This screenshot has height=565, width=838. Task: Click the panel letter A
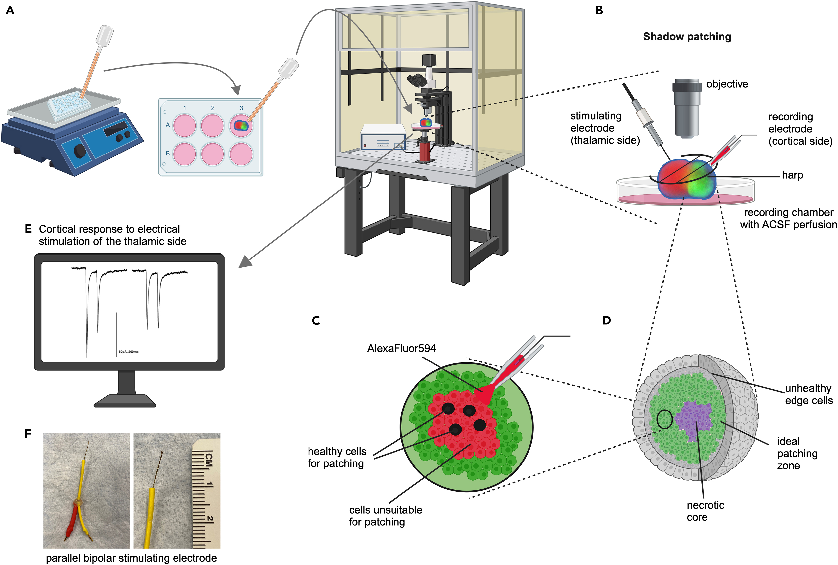pos(10,10)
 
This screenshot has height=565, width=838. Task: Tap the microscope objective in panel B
pos(686,108)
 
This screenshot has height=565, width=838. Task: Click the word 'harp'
pos(792,175)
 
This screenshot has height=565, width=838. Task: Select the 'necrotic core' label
pos(705,511)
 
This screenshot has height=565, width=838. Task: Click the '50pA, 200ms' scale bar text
pos(129,351)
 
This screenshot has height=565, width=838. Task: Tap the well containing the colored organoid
pos(241,126)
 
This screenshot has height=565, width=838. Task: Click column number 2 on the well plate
pos(212,108)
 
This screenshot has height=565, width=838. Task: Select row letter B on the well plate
pos(167,153)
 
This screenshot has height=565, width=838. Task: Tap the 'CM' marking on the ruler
pos(208,460)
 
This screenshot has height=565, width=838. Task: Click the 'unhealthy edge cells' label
pos(808,394)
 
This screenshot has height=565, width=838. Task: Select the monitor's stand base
pos(125,401)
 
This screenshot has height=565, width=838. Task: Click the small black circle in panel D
pos(664,419)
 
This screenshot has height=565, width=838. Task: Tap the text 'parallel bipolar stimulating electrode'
pos(132,558)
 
